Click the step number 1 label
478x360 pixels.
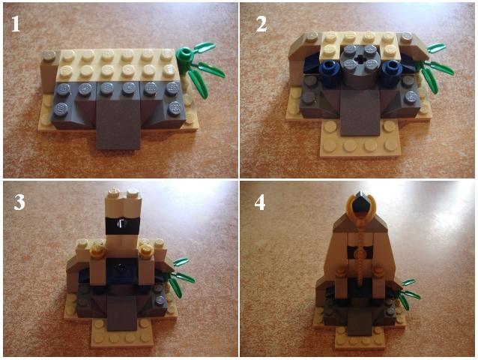16,24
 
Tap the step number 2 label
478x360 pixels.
261,24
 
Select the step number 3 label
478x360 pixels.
19,202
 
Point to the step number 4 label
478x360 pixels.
260,202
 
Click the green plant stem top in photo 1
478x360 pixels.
185,55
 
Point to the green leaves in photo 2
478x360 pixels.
435,67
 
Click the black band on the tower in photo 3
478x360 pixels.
122,225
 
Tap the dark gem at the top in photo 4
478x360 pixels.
361,203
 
